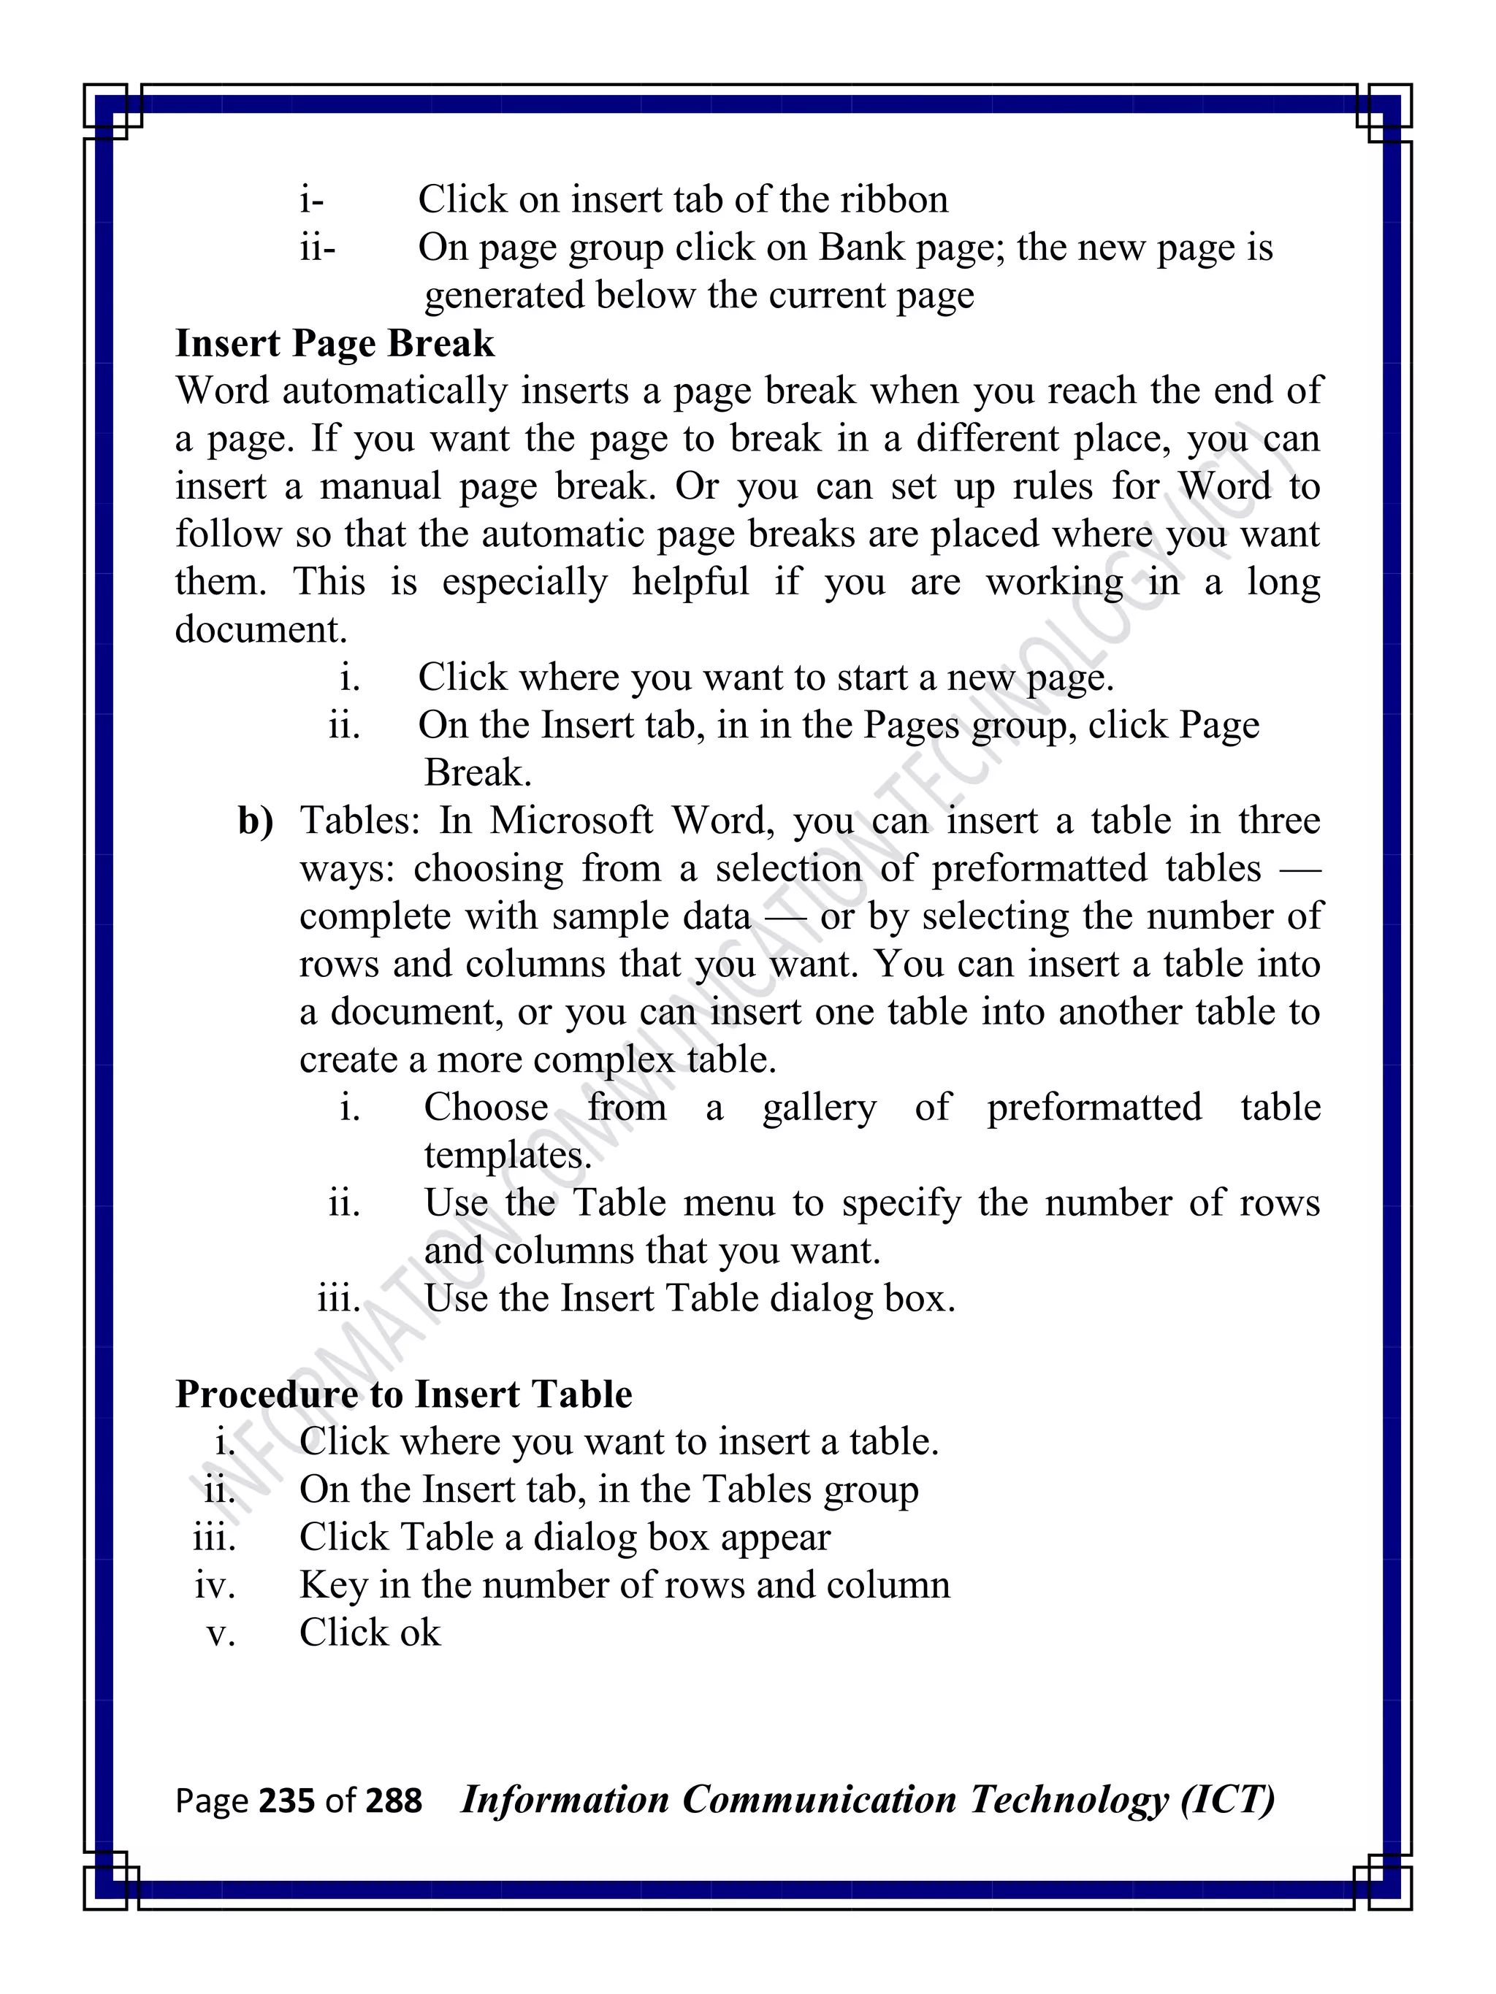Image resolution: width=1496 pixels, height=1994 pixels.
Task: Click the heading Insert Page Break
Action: [x=335, y=343]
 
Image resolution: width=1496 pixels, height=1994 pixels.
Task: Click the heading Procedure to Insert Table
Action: [x=403, y=1394]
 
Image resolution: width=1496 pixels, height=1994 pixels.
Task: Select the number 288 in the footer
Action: [x=393, y=1801]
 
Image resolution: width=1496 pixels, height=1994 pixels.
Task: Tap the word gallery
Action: [x=819, y=1107]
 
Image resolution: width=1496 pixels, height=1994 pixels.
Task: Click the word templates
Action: [x=507, y=1155]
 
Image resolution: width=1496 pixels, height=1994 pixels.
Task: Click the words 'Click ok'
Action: [x=370, y=1633]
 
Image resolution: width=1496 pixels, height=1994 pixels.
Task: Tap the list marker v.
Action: [x=220, y=1633]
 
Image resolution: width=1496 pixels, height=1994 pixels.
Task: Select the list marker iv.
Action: [x=215, y=1584]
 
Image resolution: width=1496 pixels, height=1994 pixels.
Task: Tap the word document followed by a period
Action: [x=260, y=629]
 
